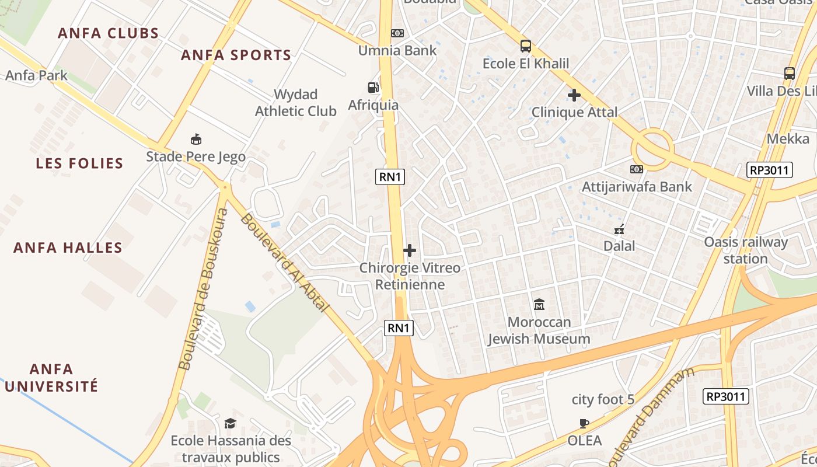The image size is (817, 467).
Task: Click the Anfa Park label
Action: pos(36,75)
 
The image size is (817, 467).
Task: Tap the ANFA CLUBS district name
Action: pos(109,33)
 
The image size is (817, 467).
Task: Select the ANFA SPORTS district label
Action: pos(236,55)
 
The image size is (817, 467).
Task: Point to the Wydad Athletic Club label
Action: pos(295,103)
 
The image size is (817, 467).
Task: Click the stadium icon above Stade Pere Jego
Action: pos(196,140)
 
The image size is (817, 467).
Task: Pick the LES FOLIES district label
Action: pos(79,163)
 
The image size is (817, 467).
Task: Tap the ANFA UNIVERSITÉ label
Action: pos(51,378)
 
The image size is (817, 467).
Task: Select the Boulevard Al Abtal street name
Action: pos(285,263)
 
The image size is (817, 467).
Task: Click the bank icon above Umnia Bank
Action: pos(397,33)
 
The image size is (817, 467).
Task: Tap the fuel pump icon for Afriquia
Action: pos(373,88)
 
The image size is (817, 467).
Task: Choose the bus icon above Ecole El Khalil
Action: pos(526,46)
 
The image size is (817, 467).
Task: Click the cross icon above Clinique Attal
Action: pos(574,95)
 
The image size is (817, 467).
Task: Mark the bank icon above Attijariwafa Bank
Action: pos(637,169)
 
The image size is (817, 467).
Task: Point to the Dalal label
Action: pos(619,246)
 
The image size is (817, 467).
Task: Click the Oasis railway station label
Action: pos(746,250)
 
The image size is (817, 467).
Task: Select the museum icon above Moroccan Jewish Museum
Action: pos(539,305)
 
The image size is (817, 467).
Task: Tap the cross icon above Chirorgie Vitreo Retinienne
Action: pos(410,250)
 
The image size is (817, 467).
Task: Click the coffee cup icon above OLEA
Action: pos(584,423)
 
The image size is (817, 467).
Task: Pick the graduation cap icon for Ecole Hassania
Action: pos(231,423)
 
